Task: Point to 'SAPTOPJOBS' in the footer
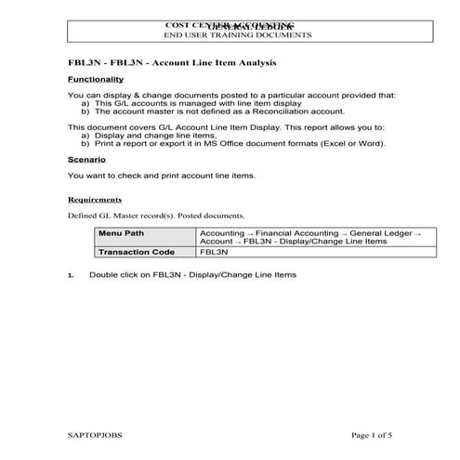coord(95,435)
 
